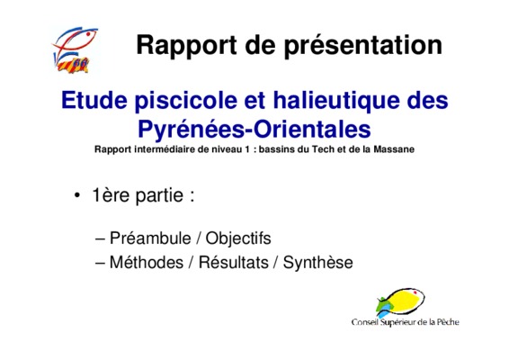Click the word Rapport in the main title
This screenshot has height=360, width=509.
click(x=186, y=46)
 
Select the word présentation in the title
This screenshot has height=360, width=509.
click(x=363, y=46)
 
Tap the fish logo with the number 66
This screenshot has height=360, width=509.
click(x=76, y=50)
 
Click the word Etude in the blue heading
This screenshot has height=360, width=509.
click(x=94, y=101)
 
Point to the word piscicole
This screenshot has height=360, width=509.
click(x=186, y=102)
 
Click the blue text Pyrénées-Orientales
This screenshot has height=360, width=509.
click(x=254, y=130)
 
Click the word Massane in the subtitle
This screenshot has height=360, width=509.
click(x=394, y=149)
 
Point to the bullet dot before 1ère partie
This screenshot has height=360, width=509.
click(x=77, y=195)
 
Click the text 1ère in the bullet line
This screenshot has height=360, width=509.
click(x=112, y=195)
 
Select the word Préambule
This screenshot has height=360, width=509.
click(x=150, y=238)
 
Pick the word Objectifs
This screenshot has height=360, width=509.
click(x=238, y=238)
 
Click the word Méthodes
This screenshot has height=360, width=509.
click(x=147, y=262)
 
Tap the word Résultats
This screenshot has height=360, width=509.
click(x=234, y=262)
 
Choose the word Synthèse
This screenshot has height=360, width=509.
click(x=317, y=263)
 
